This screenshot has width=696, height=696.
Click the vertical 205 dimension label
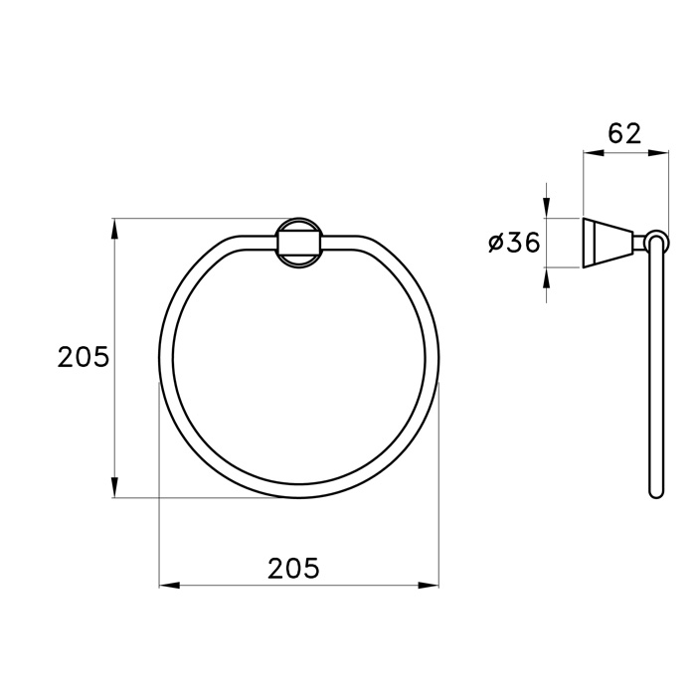[x=84, y=357]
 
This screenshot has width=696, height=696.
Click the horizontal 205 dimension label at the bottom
[x=293, y=568]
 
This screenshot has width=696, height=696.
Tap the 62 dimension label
[x=625, y=133]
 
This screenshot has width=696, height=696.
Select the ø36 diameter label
[x=514, y=242]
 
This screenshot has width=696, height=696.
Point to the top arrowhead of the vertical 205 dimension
[x=115, y=228]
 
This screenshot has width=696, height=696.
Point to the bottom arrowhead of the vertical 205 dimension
[x=115, y=487]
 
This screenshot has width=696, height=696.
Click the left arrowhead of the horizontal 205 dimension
[x=170, y=586]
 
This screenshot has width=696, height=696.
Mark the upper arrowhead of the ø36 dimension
[x=546, y=207]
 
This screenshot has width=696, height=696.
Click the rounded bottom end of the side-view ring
[x=654, y=491]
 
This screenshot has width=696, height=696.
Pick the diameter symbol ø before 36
[x=495, y=243]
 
